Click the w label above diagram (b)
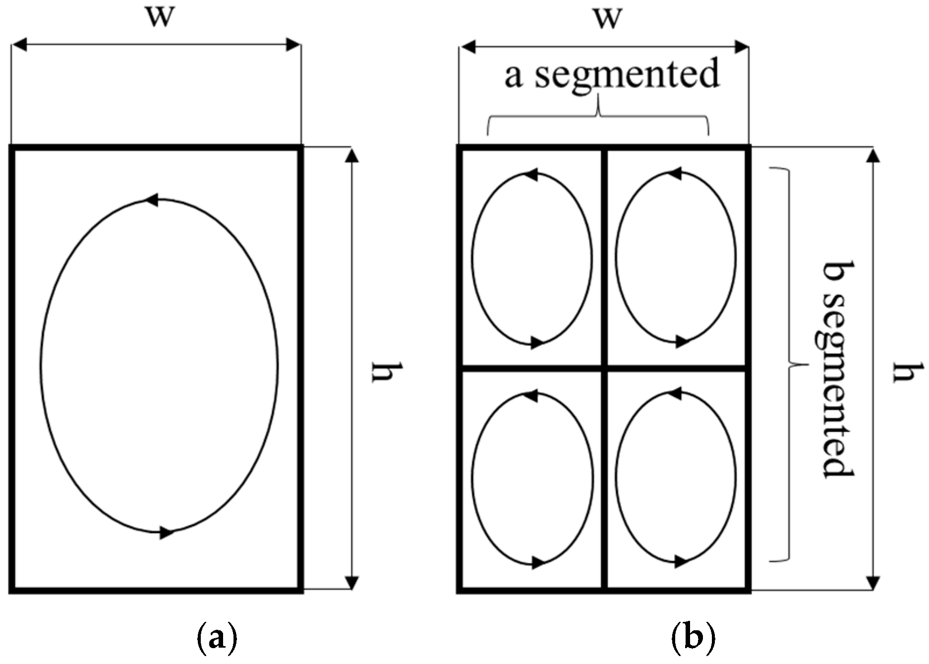click(608, 19)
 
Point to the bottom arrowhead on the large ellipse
click(167, 533)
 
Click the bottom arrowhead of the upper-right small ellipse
click(682, 342)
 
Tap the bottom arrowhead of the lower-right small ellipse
click(682, 562)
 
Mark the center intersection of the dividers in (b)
click(604, 368)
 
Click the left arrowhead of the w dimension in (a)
click(19, 46)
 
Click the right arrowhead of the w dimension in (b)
click(741, 48)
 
